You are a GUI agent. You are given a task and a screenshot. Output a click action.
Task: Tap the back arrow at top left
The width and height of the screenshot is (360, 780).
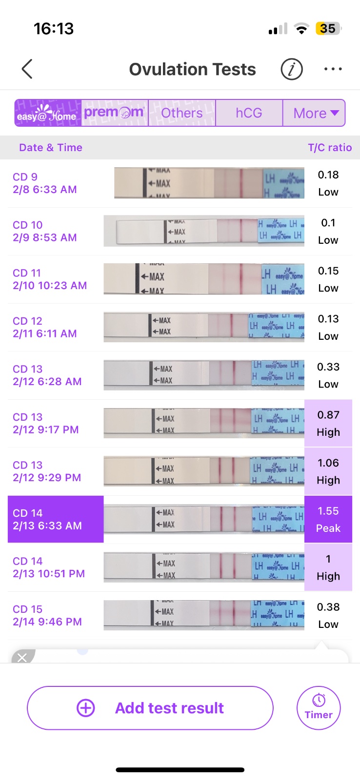click(x=27, y=69)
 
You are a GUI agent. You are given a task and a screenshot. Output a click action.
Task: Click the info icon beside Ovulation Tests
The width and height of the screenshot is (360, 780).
click(x=292, y=69)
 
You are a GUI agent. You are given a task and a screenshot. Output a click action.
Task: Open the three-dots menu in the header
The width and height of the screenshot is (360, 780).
click(x=333, y=69)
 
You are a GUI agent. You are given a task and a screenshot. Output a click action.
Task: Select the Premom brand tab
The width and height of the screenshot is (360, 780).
click(x=115, y=113)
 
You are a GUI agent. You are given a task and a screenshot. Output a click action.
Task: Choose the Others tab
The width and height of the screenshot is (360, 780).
click(x=182, y=113)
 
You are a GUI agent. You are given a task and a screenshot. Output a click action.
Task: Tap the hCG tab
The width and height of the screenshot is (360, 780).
click(x=249, y=113)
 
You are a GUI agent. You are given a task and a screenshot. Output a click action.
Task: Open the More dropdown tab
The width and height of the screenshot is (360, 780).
click(x=315, y=113)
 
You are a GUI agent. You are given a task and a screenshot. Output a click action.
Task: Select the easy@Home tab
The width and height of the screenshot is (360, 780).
click(x=47, y=113)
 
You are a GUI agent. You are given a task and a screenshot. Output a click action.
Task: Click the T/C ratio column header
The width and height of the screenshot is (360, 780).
click(x=330, y=148)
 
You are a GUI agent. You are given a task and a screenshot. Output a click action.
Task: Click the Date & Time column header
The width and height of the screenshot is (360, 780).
click(x=51, y=148)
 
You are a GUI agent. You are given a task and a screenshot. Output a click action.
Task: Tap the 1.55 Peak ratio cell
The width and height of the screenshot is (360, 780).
click(x=328, y=519)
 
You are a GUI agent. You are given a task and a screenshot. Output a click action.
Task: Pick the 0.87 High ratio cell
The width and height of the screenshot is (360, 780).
click(x=328, y=423)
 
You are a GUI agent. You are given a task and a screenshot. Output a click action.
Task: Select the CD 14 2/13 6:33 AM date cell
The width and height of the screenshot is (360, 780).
click(x=56, y=519)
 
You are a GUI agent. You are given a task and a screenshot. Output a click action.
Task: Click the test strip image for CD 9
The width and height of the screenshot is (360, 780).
click(x=209, y=183)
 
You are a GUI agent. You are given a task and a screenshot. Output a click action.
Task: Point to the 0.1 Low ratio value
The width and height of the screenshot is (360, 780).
click(x=328, y=231)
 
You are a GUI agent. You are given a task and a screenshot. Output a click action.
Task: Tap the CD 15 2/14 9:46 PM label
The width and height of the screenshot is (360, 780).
click(x=47, y=615)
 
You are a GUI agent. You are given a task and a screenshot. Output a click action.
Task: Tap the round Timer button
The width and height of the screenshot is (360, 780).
click(x=319, y=708)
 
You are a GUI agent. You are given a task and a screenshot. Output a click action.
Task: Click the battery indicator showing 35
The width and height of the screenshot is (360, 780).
click(x=328, y=29)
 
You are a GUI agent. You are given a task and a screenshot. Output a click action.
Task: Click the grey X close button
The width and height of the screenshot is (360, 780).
click(x=22, y=658)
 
